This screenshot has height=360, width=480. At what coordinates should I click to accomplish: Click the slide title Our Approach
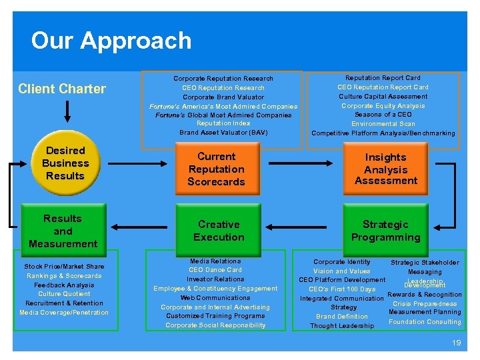click(111, 41)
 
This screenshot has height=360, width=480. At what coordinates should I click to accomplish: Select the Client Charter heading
click(62, 89)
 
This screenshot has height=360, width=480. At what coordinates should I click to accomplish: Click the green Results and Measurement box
click(63, 231)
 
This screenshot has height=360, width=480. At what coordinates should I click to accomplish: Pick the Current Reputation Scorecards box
click(216, 169)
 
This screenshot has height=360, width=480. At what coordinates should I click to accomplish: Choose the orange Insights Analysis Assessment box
click(385, 169)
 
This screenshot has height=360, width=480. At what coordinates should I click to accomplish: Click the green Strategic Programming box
click(385, 231)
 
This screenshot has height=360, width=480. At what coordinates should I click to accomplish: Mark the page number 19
click(456, 343)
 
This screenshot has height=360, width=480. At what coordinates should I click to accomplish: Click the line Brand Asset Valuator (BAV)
click(223, 133)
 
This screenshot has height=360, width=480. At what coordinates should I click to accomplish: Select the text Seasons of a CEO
click(383, 115)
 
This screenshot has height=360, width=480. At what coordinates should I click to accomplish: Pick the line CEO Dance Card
click(215, 270)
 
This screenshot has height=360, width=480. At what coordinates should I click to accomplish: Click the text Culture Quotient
click(64, 294)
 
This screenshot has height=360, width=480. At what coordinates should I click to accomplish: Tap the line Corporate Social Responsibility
click(215, 325)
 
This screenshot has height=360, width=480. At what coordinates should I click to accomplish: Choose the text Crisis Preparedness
click(425, 304)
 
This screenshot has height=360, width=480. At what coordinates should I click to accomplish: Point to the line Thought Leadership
click(342, 326)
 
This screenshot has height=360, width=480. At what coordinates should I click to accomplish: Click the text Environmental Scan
click(383, 124)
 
